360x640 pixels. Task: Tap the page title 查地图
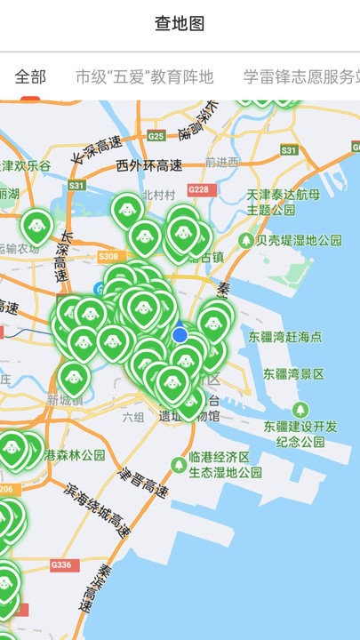point(180,24)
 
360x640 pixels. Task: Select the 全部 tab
point(30,77)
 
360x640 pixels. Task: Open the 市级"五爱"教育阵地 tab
point(145,77)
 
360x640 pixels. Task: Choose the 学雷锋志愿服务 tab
point(302,77)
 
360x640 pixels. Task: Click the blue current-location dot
point(180,334)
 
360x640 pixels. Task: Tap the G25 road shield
point(156,136)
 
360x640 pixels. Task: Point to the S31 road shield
point(77,186)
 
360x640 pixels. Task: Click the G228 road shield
point(199,190)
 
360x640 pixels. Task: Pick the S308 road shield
point(108,256)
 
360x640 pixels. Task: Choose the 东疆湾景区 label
point(287,375)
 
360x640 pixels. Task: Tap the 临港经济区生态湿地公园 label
point(225,464)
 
